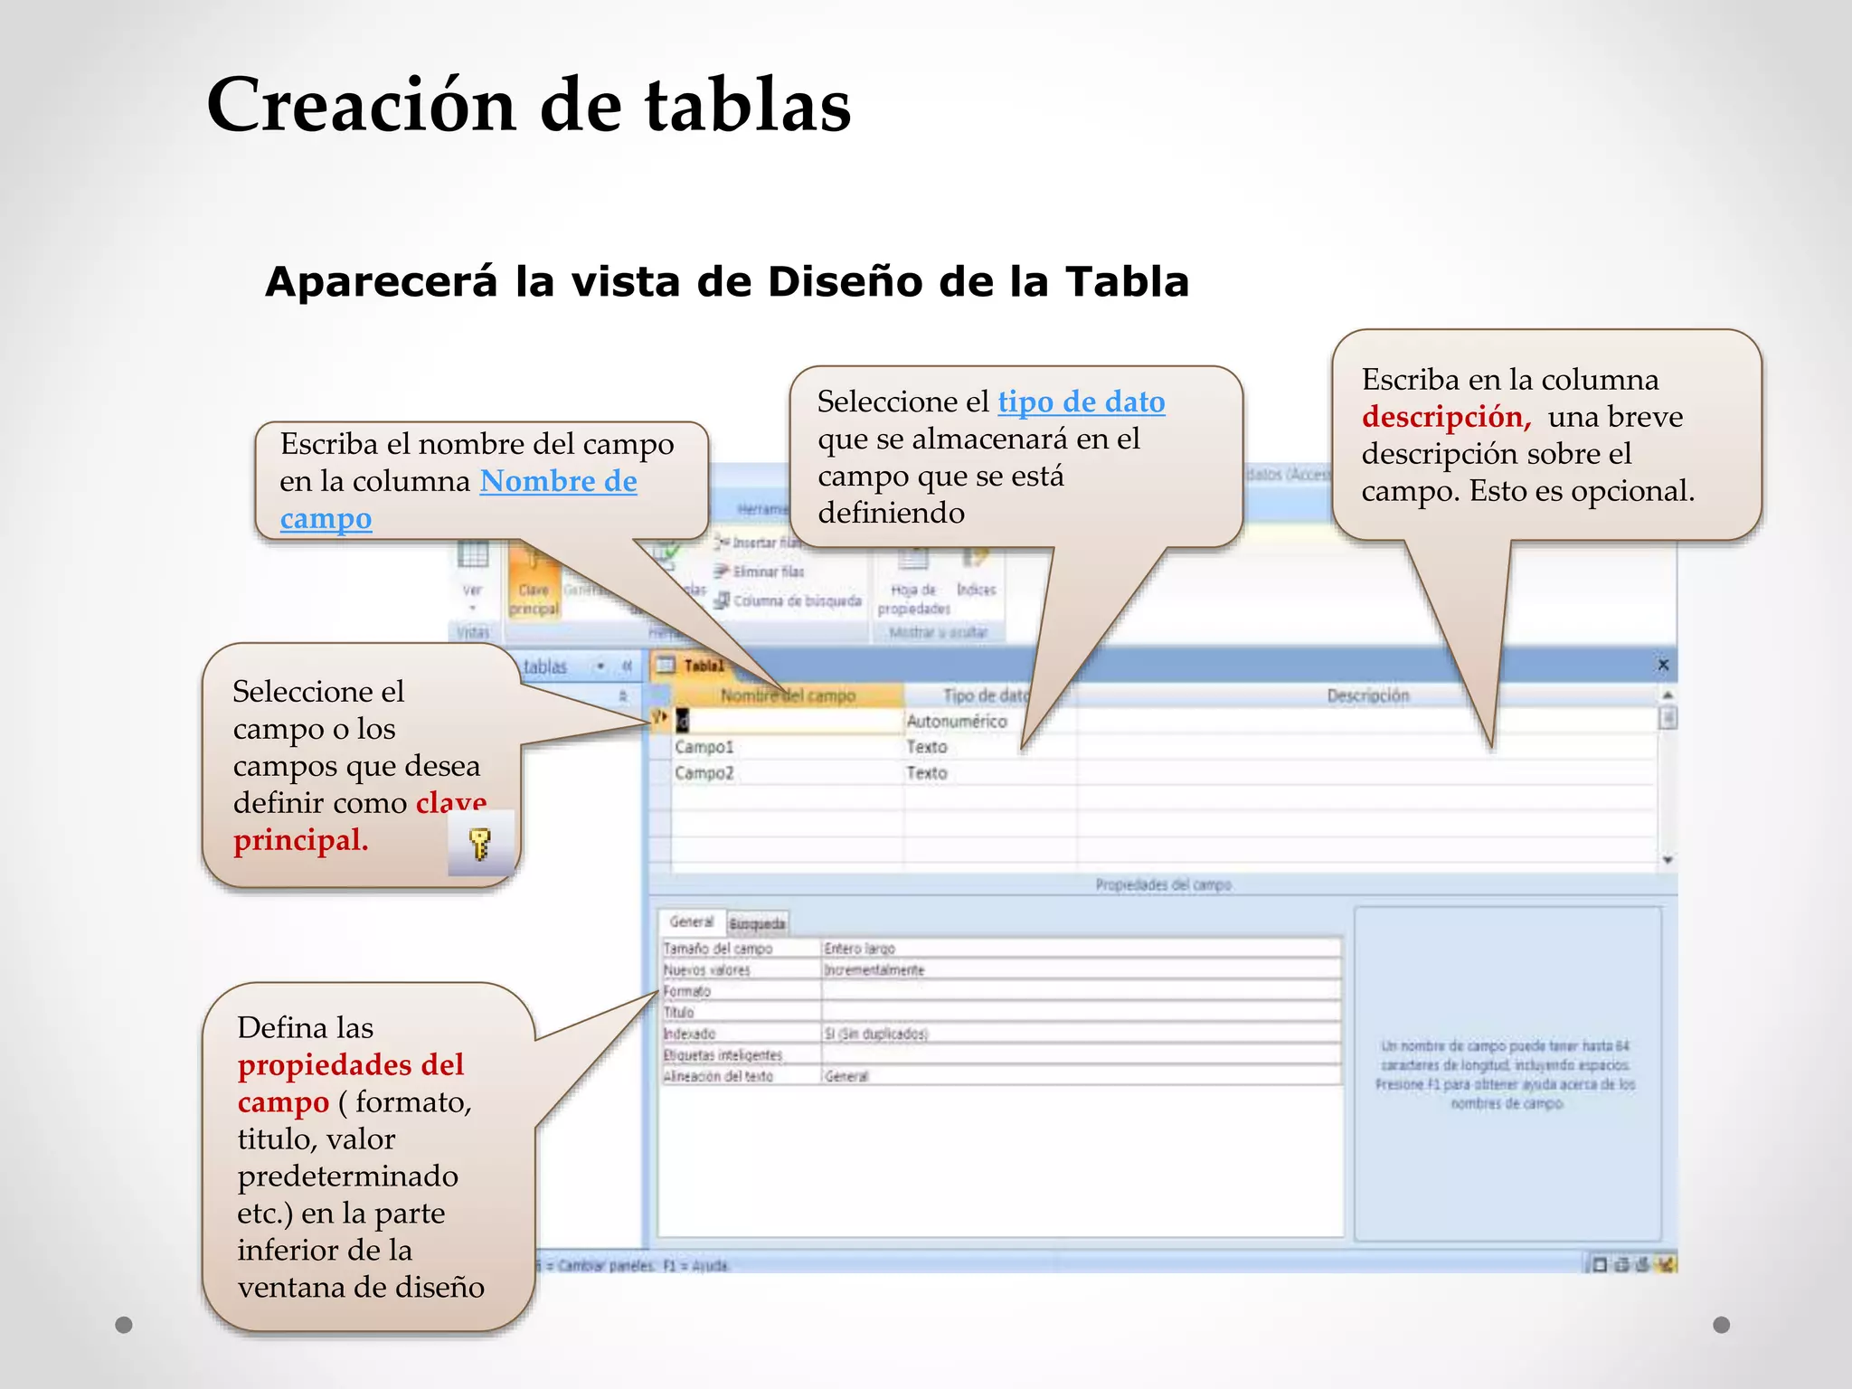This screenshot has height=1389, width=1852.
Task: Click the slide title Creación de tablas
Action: tap(529, 106)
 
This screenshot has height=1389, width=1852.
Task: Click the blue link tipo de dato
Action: tap(1081, 402)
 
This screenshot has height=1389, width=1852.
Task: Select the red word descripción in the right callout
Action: tap(1445, 417)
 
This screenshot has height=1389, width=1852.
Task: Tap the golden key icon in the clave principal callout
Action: tap(480, 844)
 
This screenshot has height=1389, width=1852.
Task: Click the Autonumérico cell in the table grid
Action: tap(956, 722)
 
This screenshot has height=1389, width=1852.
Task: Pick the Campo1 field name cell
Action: tap(704, 747)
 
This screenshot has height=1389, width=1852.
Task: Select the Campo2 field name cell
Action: tap(704, 773)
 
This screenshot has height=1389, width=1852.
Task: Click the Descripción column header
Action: tap(1367, 695)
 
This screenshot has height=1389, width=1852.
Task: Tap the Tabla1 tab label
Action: tap(704, 666)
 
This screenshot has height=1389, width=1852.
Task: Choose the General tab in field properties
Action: tap(691, 921)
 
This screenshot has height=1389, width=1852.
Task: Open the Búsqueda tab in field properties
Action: tap(757, 923)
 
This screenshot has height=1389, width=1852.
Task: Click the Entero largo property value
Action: tap(859, 949)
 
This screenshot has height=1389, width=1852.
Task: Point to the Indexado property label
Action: tap(689, 1034)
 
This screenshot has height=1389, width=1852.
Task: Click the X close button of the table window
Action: tap(1662, 666)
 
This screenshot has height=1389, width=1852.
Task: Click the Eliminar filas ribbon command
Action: tap(767, 572)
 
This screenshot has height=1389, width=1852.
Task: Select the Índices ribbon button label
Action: tap(976, 590)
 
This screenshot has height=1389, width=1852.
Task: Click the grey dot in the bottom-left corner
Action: tap(124, 1325)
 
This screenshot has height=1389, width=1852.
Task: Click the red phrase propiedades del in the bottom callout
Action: tap(351, 1065)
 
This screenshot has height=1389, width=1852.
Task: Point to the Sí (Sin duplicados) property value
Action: tap(875, 1034)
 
